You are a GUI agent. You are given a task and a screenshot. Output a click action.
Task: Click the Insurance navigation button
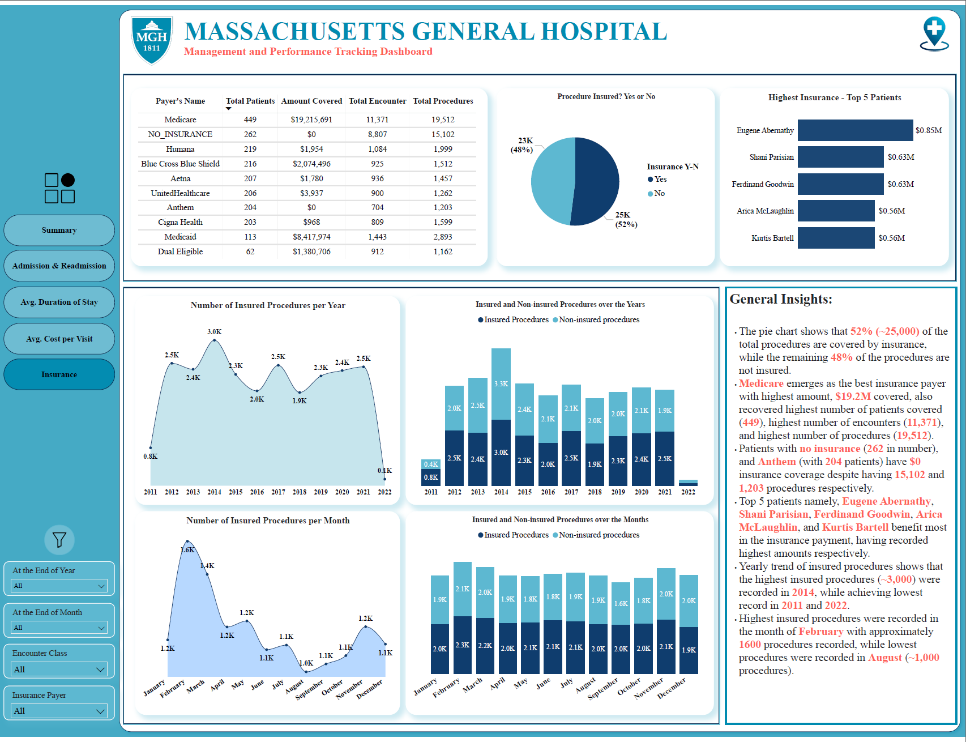pos(59,374)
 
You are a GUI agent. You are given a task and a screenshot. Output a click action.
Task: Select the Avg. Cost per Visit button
pos(59,339)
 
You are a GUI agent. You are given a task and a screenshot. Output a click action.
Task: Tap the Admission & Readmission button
pos(59,266)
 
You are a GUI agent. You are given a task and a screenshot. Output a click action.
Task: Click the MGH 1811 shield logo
pos(152,40)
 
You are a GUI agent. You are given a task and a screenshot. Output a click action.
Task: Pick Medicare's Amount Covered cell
pos(311,120)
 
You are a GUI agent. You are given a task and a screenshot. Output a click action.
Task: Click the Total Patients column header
pos(250,101)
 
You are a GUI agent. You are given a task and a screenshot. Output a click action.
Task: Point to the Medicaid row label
pos(180,237)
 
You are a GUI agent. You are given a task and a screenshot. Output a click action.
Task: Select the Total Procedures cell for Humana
pos(443,149)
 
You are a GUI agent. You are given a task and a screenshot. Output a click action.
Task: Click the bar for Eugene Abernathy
pos(855,130)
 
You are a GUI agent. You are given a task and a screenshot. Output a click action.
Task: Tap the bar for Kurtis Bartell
pos(836,238)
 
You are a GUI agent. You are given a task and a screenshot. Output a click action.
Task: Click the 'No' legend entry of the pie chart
pos(656,193)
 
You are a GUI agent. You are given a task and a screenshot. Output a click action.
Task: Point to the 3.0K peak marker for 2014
pos(214,340)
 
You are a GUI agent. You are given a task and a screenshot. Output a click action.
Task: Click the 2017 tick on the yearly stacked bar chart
pos(571,492)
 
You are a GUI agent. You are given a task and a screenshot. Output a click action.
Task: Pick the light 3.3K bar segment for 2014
pos(501,384)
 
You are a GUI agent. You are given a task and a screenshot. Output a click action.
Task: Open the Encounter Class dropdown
pos(59,669)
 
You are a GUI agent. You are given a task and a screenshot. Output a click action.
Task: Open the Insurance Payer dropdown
pos(59,711)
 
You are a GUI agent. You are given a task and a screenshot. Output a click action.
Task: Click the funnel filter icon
pos(59,540)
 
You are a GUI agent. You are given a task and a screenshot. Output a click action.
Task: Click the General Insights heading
pos(781,299)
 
